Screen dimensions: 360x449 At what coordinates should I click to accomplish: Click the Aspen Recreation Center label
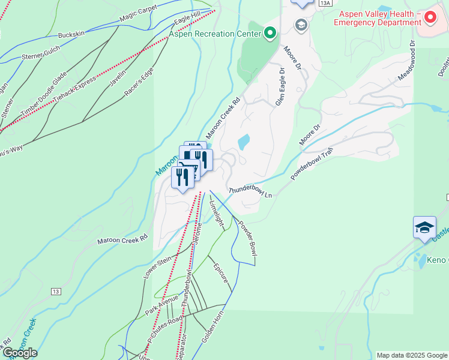pyautogui.click(x=215, y=34)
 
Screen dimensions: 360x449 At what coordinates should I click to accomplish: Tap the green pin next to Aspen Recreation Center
pyautogui.click(x=270, y=33)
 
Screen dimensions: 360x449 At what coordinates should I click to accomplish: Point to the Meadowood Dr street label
pyautogui.click(x=406, y=61)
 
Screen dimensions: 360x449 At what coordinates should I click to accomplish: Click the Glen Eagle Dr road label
pyautogui.click(x=280, y=87)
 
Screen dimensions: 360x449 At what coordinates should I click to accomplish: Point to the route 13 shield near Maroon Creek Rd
pyautogui.click(x=56, y=292)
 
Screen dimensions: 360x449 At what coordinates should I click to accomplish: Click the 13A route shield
pyautogui.click(x=325, y=3)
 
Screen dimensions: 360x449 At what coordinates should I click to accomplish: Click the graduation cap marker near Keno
pyautogui.click(x=424, y=228)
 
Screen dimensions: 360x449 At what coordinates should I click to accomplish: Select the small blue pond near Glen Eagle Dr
pyautogui.click(x=244, y=142)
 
